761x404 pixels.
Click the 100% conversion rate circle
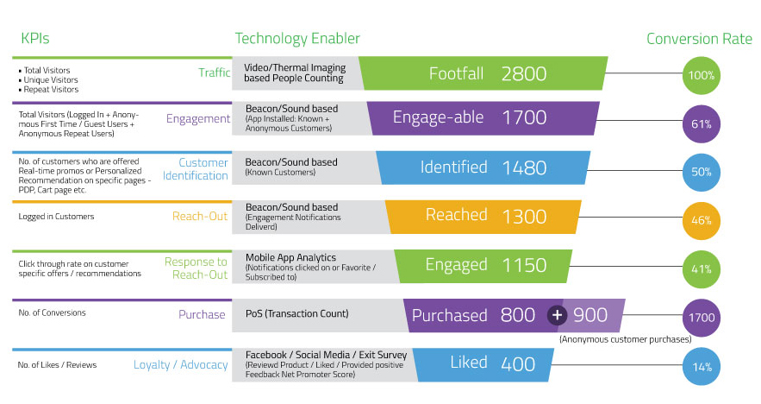(x=702, y=75)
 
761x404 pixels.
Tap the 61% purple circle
(x=702, y=124)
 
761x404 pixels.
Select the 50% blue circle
(x=702, y=172)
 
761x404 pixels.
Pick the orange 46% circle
(x=702, y=221)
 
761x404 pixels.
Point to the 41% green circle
(x=702, y=269)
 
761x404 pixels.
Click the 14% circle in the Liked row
(x=702, y=367)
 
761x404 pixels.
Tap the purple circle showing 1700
(x=702, y=318)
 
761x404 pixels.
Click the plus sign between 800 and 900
(x=557, y=315)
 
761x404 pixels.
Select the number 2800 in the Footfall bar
(x=524, y=74)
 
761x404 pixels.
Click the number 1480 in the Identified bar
(x=524, y=167)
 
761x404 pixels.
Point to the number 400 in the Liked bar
(x=518, y=364)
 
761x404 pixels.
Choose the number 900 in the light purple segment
(x=590, y=315)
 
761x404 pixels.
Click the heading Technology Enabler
(x=297, y=38)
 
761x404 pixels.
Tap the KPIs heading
(x=35, y=38)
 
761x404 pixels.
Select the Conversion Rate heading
(x=699, y=39)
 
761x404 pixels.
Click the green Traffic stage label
(x=214, y=73)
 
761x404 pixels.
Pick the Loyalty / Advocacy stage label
(x=180, y=364)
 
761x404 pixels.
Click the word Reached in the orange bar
(x=456, y=214)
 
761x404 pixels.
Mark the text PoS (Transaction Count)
(x=297, y=313)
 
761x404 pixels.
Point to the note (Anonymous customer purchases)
(x=626, y=339)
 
